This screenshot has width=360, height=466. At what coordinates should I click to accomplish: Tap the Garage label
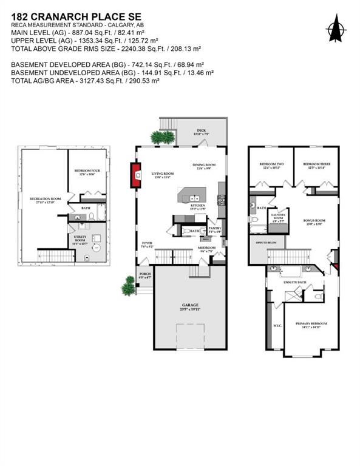(189, 306)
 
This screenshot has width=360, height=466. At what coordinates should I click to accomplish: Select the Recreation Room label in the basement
(47, 200)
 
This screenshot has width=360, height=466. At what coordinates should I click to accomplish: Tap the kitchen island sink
(195, 198)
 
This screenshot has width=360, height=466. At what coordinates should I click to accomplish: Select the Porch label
(144, 275)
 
